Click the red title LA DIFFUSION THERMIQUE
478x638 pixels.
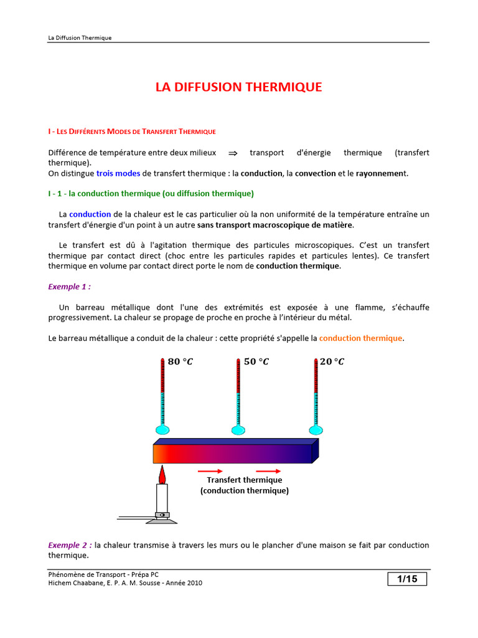pyautogui.click(x=238, y=87)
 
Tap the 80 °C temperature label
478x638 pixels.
pyautogui.click(x=180, y=362)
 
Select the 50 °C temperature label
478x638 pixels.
pyautogui.click(x=256, y=362)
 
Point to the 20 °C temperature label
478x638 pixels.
pyautogui.click(x=332, y=362)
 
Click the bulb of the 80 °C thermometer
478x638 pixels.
pyautogui.click(x=162, y=429)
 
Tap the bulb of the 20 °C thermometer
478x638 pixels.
pyautogui.click(x=315, y=429)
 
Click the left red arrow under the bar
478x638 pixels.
pyautogui.click(x=210, y=471)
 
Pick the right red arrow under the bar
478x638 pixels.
pyautogui.click(x=268, y=471)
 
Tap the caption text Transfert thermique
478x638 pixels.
pyautogui.click(x=245, y=480)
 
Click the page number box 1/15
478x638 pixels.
pyautogui.click(x=407, y=579)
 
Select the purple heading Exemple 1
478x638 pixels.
pyautogui.click(x=69, y=287)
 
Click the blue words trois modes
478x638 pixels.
pyautogui.click(x=118, y=173)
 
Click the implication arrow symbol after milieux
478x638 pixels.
pyautogui.click(x=233, y=153)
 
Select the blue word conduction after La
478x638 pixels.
pyautogui.click(x=90, y=214)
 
